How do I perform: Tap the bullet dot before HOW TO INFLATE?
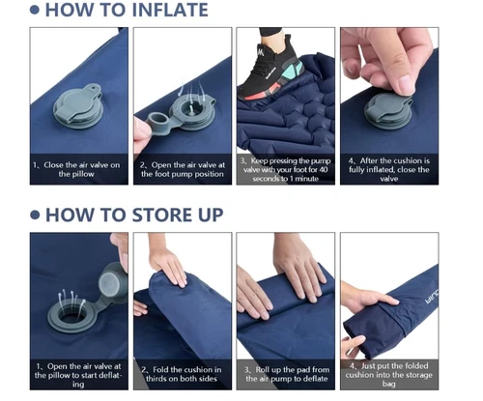tap(35, 11)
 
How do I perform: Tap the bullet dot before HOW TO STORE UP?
tap(35, 215)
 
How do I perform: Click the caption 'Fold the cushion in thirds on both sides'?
tap(183, 374)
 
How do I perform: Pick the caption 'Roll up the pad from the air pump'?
tap(286, 374)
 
